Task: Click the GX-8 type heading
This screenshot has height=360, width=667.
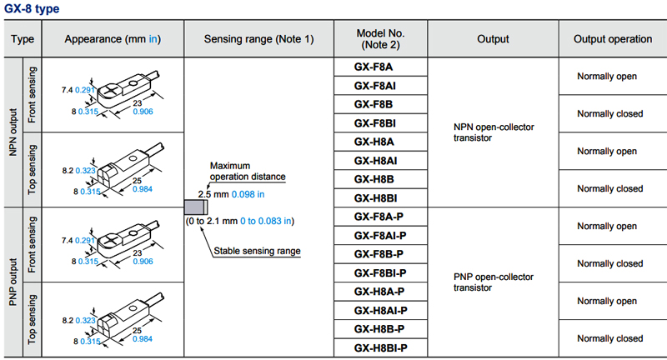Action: pyautogui.click(x=35, y=9)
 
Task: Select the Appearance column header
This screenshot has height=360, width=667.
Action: pyautogui.click(x=112, y=39)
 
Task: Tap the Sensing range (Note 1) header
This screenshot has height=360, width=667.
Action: pyautogui.click(x=258, y=39)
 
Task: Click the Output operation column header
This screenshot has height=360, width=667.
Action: pyautogui.click(x=612, y=39)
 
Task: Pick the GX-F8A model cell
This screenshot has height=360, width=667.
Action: pyautogui.click(x=379, y=67)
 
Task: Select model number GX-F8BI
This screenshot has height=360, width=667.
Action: pyautogui.click(x=379, y=123)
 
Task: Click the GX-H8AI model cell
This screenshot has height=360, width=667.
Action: pyautogui.click(x=379, y=161)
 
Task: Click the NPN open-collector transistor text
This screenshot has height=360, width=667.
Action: pyautogui.click(x=493, y=132)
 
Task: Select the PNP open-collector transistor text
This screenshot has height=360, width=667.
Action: pyautogui.click(x=493, y=282)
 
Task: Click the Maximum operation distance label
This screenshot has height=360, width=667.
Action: pyautogui.click(x=248, y=171)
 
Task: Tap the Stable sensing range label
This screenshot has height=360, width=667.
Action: pyautogui.click(x=257, y=250)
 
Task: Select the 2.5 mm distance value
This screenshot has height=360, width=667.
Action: pyautogui.click(x=213, y=194)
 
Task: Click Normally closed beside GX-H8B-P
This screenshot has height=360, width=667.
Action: pyautogui.click(x=611, y=338)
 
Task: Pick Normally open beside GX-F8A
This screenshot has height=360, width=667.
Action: pyautogui.click(x=607, y=76)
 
